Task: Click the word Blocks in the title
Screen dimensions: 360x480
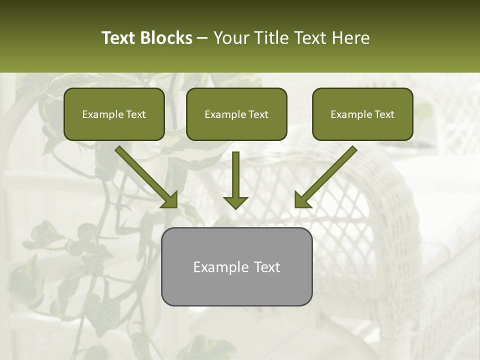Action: click(x=166, y=38)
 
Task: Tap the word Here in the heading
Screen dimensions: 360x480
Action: click(x=349, y=38)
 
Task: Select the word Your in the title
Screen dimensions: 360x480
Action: click(x=230, y=38)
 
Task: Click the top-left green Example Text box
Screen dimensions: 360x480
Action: click(x=114, y=114)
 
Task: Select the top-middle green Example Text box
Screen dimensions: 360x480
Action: click(x=236, y=114)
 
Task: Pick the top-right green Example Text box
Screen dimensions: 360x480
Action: click(x=362, y=114)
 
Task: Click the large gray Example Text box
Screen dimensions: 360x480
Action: click(x=236, y=266)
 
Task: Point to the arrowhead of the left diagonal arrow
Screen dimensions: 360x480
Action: click(x=169, y=199)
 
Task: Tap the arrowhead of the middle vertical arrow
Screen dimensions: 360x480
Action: click(x=235, y=202)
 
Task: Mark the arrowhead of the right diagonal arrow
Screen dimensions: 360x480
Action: click(x=302, y=199)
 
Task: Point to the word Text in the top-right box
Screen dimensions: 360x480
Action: click(x=384, y=114)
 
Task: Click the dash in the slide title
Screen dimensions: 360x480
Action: click(x=202, y=38)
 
